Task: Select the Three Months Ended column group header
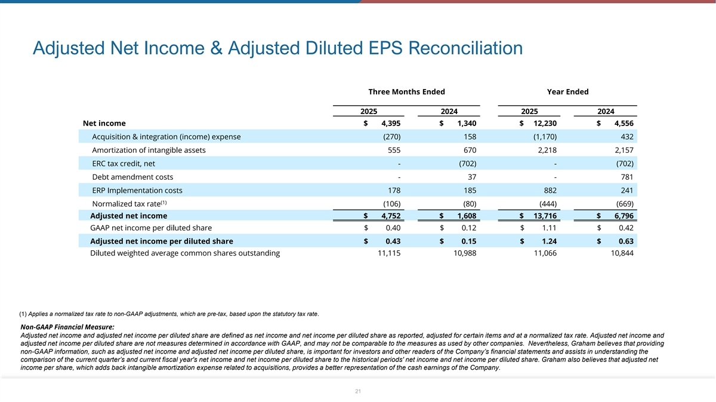click(x=406, y=91)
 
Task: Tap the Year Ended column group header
click(x=567, y=91)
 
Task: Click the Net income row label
click(x=104, y=124)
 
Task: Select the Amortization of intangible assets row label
click(x=149, y=150)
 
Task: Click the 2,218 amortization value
click(x=547, y=150)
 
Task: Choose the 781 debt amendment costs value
click(x=626, y=177)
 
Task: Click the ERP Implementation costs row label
click(x=137, y=191)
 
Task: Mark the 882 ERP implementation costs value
click(x=550, y=191)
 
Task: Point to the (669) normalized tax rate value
click(x=623, y=204)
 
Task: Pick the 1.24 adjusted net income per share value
click(x=548, y=241)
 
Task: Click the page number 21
click(x=358, y=391)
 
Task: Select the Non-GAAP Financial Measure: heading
click(x=67, y=327)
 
